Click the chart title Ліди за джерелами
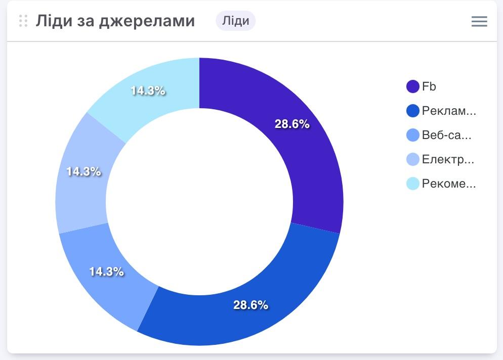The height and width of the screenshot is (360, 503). [x=115, y=21]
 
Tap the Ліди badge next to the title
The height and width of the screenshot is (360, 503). [x=235, y=21]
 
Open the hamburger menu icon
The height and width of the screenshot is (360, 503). [x=479, y=21]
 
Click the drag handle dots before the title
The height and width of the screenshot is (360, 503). [x=23, y=21]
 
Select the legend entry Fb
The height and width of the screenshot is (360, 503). [x=429, y=86]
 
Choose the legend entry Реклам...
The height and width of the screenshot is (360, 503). [x=448, y=111]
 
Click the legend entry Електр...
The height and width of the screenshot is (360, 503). [x=447, y=159]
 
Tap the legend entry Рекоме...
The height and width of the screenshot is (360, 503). [x=448, y=184]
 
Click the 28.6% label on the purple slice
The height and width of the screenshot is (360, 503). [x=292, y=124]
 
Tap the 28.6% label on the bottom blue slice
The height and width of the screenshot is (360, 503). [x=250, y=305]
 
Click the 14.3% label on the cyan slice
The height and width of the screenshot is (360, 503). [x=148, y=91]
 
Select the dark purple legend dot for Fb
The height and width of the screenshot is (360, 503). [x=413, y=86]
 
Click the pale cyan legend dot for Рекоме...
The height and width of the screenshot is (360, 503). [x=413, y=184]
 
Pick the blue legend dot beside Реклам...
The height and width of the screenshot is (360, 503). [x=413, y=111]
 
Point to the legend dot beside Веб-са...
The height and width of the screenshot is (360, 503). [x=413, y=135]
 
